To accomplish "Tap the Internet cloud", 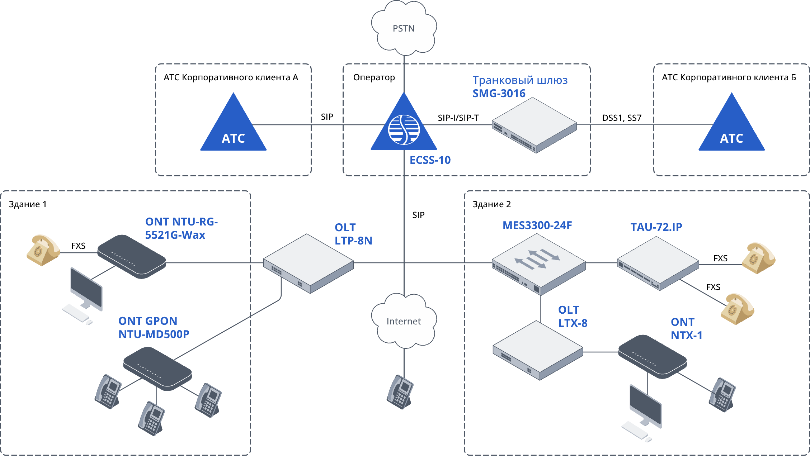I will [x=404, y=321].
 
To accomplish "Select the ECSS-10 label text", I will [x=430, y=160].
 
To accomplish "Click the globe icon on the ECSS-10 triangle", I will [x=404, y=130].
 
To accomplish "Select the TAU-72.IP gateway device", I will [x=658, y=263].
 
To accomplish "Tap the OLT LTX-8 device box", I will [x=538, y=350].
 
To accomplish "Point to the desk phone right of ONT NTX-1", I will [x=722, y=395].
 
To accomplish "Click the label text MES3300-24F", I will [x=537, y=225].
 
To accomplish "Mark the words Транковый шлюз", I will [x=520, y=80].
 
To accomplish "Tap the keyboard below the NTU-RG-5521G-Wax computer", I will [x=76, y=313].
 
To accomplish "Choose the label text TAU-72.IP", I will [x=656, y=227].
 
